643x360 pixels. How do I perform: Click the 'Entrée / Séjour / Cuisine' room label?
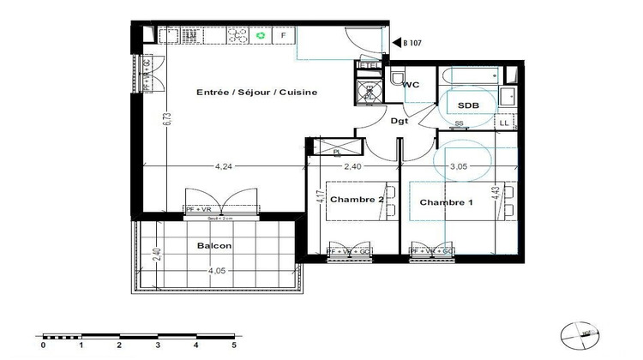(244, 93)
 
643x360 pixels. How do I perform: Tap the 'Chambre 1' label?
(446, 202)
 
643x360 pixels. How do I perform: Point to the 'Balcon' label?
(214, 246)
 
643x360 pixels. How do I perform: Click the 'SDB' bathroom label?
(468, 105)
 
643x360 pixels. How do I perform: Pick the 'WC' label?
(411, 85)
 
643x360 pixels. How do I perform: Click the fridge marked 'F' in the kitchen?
(284, 36)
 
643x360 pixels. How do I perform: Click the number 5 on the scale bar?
(233, 346)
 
